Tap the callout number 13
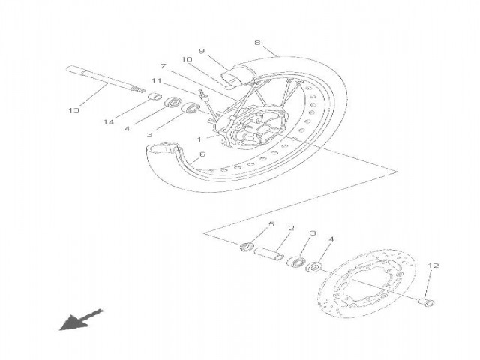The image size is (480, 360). pyautogui.click(x=73, y=110)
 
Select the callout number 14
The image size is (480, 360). pyautogui.click(x=109, y=122)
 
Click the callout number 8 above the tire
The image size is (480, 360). pyautogui.click(x=257, y=42)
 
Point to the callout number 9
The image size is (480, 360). pyautogui.click(x=202, y=51)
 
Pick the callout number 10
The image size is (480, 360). pyautogui.click(x=186, y=59)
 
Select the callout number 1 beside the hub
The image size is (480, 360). pyautogui.click(x=199, y=139)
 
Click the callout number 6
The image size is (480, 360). pyautogui.click(x=202, y=154)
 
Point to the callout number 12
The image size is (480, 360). pyautogui.click(x=433, y=265)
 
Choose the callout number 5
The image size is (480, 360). pyautogui.click(x=271, y=224)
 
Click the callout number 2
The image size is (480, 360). pyautogui.click(x=292, y=228)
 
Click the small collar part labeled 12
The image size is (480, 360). pyautogui.click(x=427, y=301)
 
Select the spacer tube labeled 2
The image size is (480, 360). pyautogui.click(x=268, y=253)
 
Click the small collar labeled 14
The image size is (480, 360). pyautogui.click(x=155, y=97)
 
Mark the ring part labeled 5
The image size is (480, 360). pyautogui.click(x=247, y=247)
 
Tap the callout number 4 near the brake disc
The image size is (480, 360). pyautogui.click(x=331, y=238)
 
